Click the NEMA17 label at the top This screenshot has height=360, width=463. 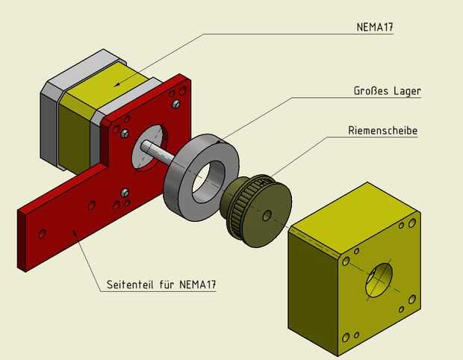[375, 27]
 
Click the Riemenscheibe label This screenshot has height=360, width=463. [382, 130]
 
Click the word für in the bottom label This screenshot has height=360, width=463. [167, 285]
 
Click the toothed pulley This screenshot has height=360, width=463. [256, 211]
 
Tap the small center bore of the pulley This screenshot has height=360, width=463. [267, 216]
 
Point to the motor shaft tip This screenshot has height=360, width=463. [144, 145]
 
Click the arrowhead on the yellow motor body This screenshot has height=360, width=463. [117, 84]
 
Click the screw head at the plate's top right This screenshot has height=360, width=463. [176, 104]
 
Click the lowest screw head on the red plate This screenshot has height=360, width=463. [125, 193]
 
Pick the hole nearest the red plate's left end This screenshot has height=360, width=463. [42, 233]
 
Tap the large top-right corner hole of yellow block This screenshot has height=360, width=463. [412, 223]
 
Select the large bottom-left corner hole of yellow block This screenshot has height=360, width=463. [345, 337]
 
